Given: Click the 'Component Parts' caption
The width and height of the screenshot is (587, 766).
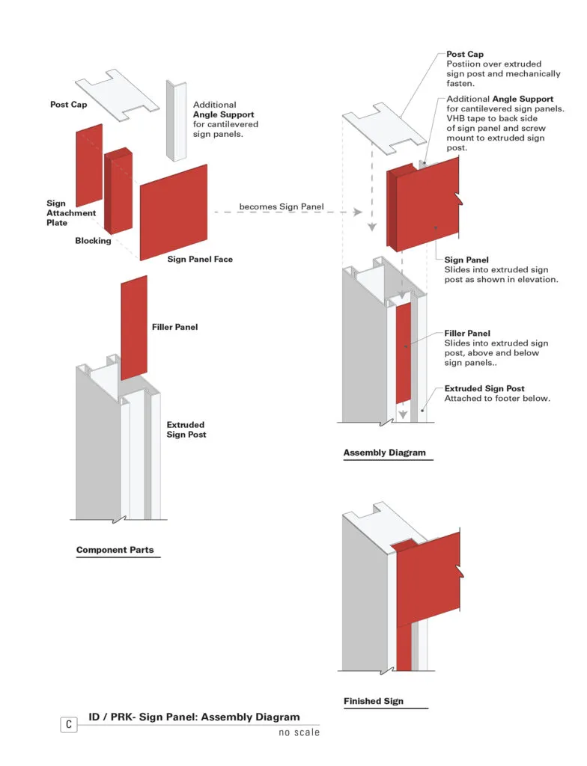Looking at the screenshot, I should tap(115, 550).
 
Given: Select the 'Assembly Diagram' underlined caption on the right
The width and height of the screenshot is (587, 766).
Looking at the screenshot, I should tap(384, 453).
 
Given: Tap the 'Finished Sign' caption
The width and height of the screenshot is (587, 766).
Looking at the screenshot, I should tap(373, 701).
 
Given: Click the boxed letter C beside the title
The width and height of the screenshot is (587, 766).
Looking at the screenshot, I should tap(69, 724).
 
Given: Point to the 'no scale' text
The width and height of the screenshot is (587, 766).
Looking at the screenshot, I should tap(299, 732).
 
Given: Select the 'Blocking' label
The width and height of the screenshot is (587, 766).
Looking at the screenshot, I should tap(93, 241).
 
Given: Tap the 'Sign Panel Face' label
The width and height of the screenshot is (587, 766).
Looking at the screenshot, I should tap(200, 260).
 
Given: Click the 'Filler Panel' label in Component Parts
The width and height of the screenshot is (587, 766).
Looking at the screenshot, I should tap(174, 327).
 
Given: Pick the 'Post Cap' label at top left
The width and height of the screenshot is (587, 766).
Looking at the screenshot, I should tap(69, 105).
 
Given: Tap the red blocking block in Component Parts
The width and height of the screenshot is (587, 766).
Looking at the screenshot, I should tap(119, 191).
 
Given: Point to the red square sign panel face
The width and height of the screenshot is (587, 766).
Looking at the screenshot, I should tap(174, 212).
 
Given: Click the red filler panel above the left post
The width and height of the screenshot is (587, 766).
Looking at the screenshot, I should tap(134, 327).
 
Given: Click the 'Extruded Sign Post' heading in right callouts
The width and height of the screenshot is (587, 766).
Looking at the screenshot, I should tap(484, 389).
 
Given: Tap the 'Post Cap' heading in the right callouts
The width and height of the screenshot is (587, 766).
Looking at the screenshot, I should tap(465, 55).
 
